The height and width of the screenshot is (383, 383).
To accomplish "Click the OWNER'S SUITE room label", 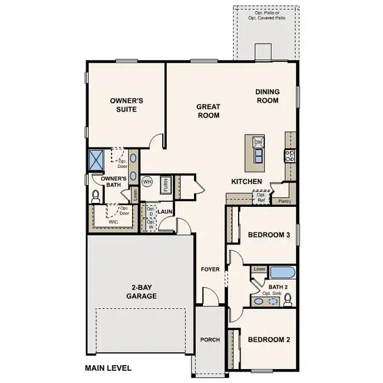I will (x=126, y=105).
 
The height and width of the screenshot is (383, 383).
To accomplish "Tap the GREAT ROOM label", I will (x=207, y=112).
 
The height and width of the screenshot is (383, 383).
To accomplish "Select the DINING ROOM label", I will (x=267, y=96).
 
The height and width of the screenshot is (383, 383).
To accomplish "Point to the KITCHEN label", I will (x=246, y=182).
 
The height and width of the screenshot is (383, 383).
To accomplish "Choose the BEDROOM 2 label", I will (x=269, y=340).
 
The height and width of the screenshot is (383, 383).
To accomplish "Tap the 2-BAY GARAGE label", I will (x=140, y=292).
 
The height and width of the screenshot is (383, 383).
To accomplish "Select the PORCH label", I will (x=209, y=340).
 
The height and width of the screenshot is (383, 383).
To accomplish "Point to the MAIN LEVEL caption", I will (x=108, y=368).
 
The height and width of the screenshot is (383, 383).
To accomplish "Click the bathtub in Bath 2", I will (x=282, y=273).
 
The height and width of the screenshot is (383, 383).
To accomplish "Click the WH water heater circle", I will (x=146, y=182).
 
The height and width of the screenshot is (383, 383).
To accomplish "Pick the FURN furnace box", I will (x=165, y=185).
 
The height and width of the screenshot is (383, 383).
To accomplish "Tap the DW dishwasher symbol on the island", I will (x=259, y=143).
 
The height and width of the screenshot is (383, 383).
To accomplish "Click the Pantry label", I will (x=285, y=200).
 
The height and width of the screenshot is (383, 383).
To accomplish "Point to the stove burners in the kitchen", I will (x=291, y=156).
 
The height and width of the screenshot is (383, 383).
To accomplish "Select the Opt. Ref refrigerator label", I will (x=262, y=197).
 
